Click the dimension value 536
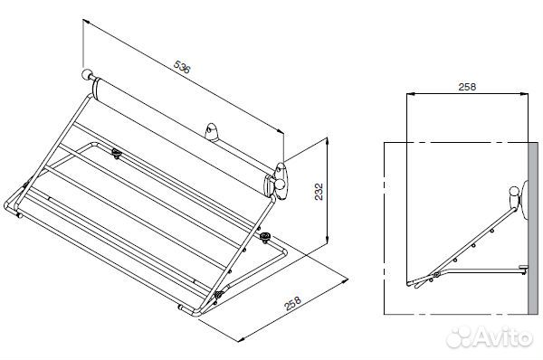point(182,67)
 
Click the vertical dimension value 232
point(319,192)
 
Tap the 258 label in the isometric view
point(292,303)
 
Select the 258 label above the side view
point(467,87)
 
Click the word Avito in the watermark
point(503,336)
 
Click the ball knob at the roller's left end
point(86,74)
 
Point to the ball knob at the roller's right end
point(280,185)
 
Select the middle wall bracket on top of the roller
point(211,133)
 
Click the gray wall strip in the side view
point(533,228)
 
